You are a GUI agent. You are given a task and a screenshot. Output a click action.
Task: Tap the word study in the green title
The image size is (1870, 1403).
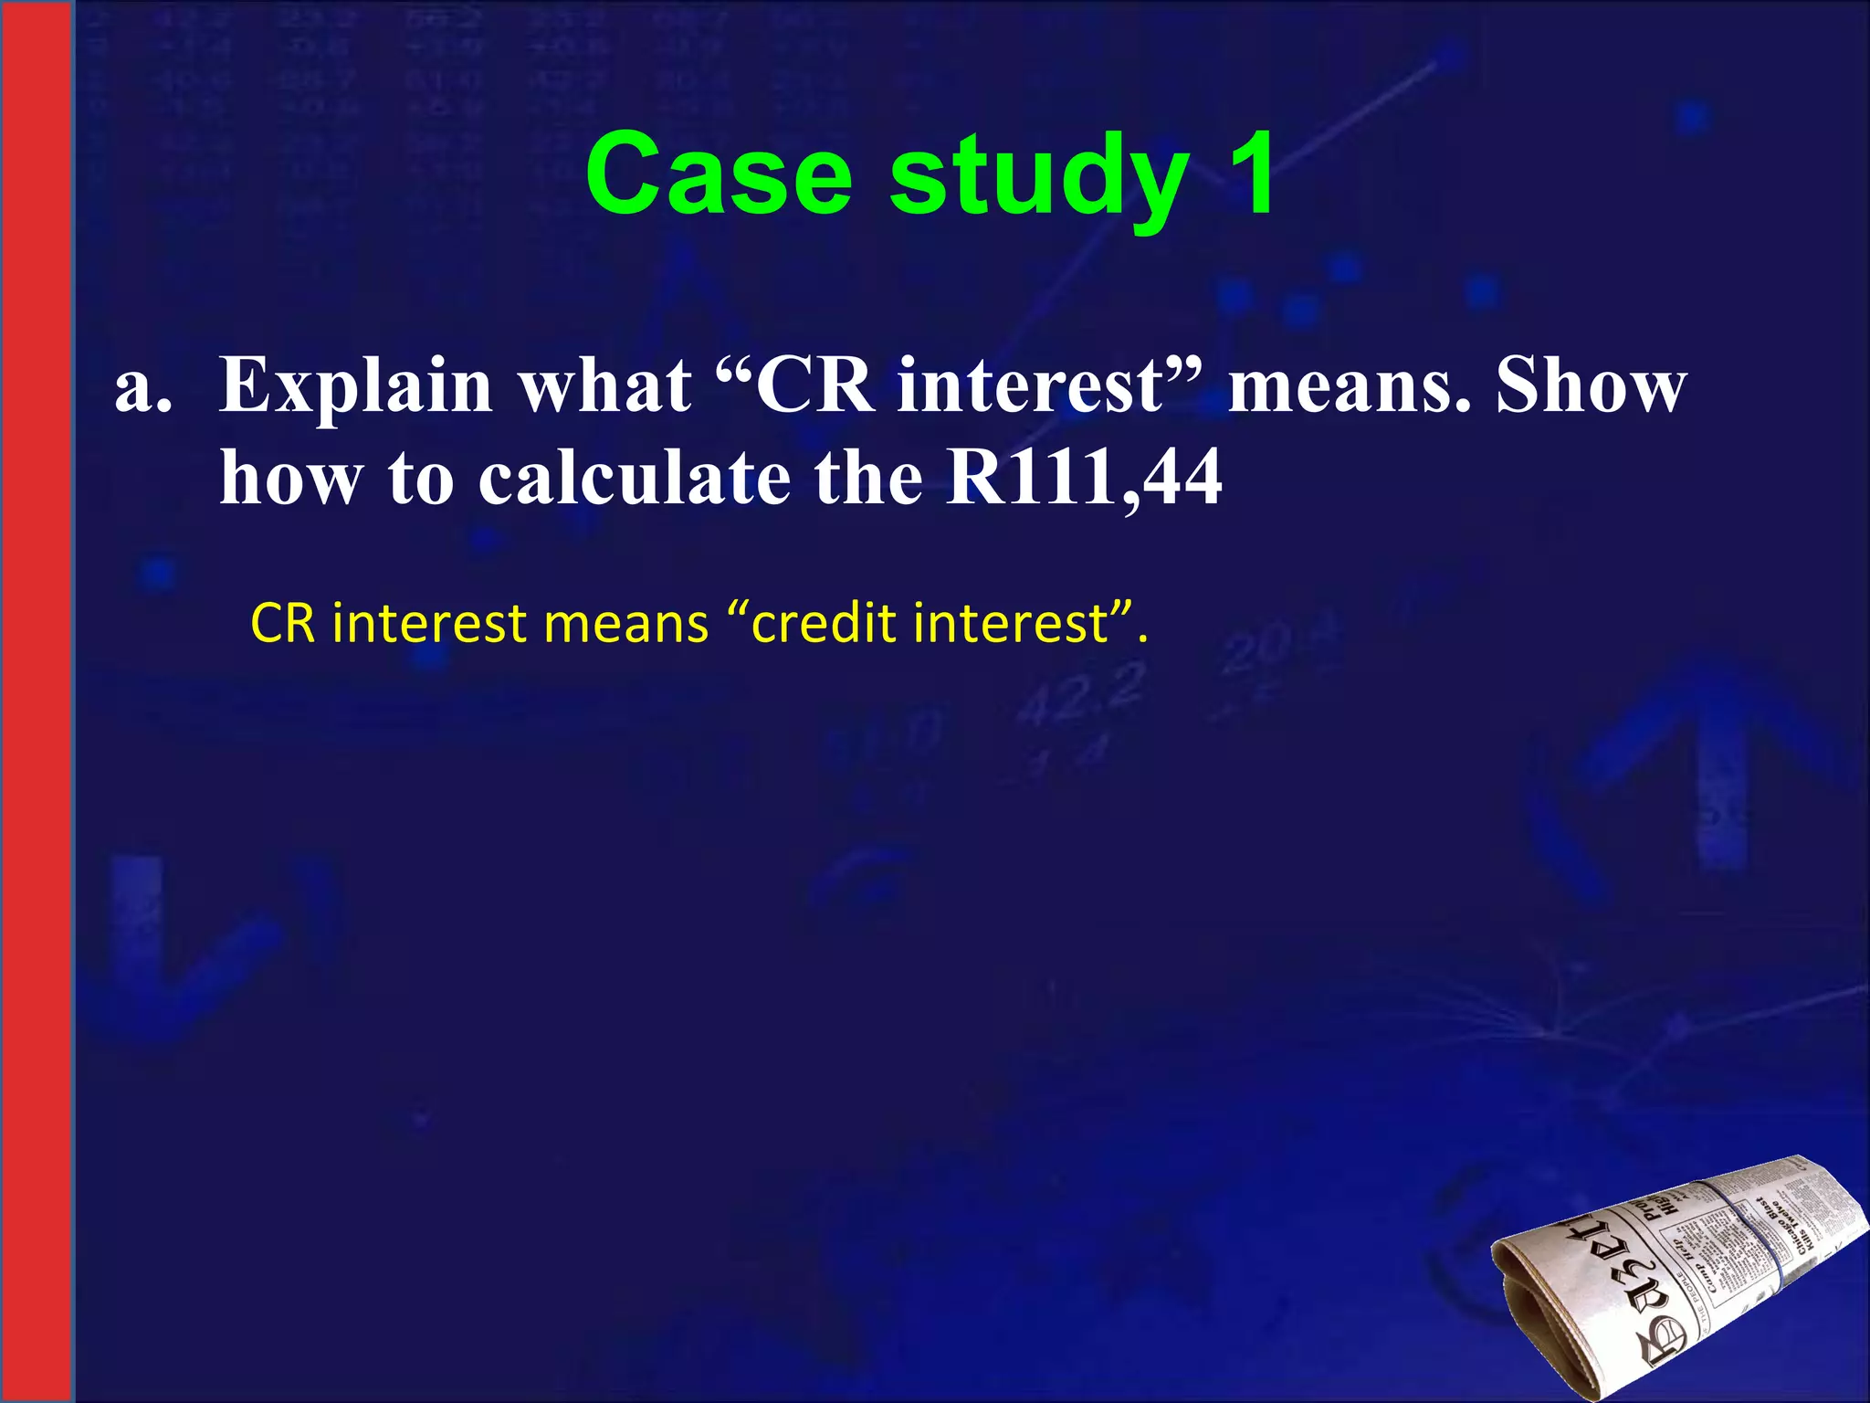tap(1039, 178)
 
